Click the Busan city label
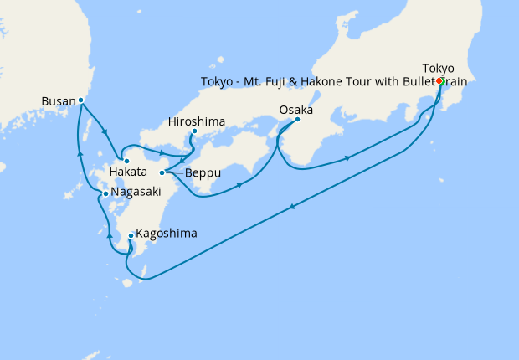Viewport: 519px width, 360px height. pyautogui.click(x=58, y=102)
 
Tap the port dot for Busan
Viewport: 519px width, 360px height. pyautogui.click(x=80, y=100)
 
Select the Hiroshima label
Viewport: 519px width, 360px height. pyautogui.click(x=197, y=121)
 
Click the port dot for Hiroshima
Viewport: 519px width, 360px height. pyautogui.click(x=194, y=131)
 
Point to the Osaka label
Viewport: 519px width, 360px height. pyautogui.click(x=295, y=110)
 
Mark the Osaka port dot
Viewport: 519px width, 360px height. pyautogui.click(x=298, y=120)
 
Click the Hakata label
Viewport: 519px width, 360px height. pyautogui.click(x=128, y=172)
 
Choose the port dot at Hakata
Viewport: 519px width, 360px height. pyautogui.click(x=126, y=161)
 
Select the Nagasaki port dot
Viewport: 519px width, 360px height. pyautogui.click(x=105, y=193)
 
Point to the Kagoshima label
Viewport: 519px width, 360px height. pyautogui.click(x=167, y=233)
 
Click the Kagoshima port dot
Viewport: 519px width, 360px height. pyautogui.click(x=131, y=236)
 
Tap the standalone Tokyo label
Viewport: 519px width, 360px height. pyautogui.click(x=439, y=68)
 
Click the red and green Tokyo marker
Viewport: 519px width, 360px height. pyautogui.click(x=439, y=81)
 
